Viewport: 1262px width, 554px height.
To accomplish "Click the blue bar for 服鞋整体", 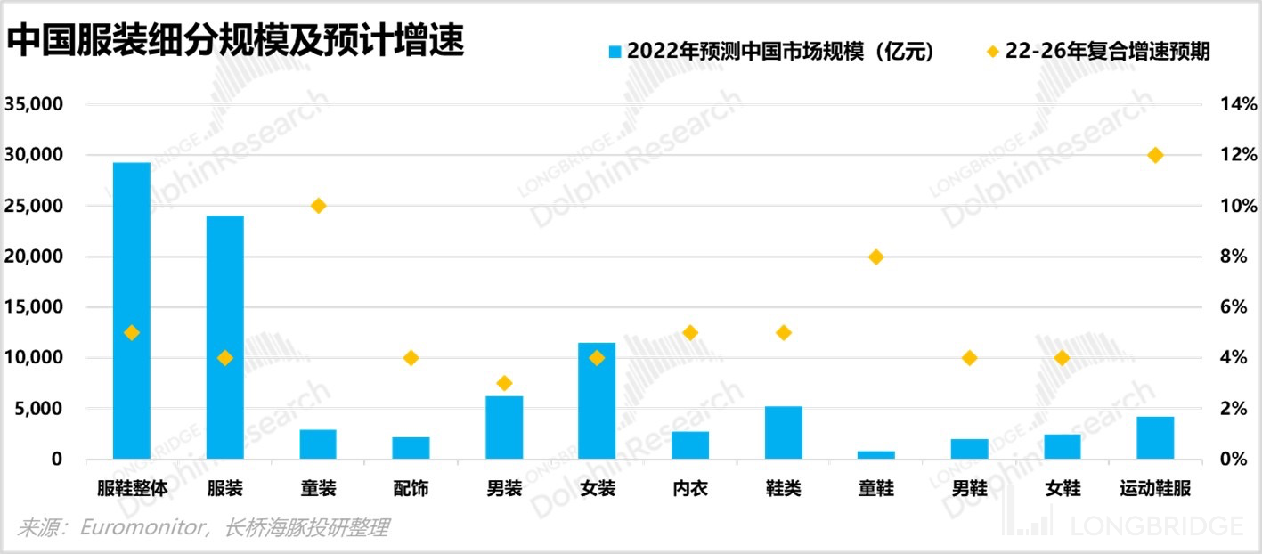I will coord(132,311).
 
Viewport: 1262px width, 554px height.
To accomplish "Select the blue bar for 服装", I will coord(224,338).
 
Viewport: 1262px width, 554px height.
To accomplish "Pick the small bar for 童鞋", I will coord(875,455).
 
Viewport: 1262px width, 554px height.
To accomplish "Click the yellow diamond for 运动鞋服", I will coord(1155,155).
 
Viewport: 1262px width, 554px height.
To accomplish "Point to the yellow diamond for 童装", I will coord(318,206).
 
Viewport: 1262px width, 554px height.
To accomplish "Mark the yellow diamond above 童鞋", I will coord(875,257).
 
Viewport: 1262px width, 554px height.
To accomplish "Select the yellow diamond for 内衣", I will coord(690,332).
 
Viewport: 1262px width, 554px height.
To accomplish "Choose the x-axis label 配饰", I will coord(411,488).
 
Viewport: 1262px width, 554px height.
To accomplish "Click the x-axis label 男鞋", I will coord(969,488).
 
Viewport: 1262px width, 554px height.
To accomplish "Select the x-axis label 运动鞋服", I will coord(1155,488).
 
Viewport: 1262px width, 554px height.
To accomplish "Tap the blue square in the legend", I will coord(615,51).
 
